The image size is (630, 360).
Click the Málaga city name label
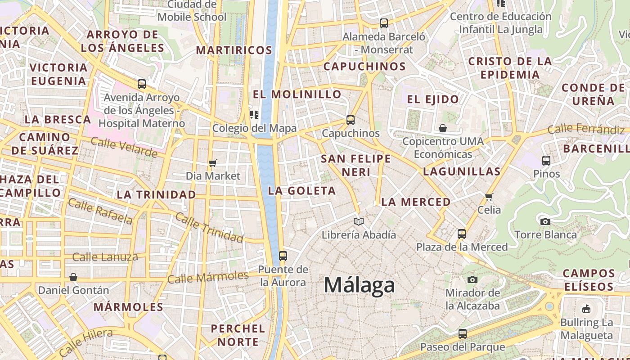[359, 285]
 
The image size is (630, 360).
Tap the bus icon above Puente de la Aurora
[283, 256]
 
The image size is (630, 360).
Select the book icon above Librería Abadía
[359, 221]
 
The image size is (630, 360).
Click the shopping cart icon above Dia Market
[213, 163]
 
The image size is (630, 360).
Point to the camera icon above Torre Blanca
[545, 221]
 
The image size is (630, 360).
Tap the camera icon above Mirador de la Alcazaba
[472, 279]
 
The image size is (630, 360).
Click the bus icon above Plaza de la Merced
[462, 234]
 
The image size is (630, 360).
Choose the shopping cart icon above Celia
[489, 197]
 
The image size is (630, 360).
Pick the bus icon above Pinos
[546, 160]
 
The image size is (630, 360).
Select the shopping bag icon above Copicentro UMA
[443, 128]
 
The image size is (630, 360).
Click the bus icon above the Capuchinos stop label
[351, 120]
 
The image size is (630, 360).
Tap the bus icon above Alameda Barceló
[383, 23]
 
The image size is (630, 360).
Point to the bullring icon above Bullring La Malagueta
[586, 309]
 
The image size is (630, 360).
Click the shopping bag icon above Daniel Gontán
[73, 277]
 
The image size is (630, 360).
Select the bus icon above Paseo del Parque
[462, 333]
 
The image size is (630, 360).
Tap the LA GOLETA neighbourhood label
[302, 191]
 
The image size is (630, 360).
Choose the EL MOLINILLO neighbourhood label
[297, 94]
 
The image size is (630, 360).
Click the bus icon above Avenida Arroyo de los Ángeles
[141, 84]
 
